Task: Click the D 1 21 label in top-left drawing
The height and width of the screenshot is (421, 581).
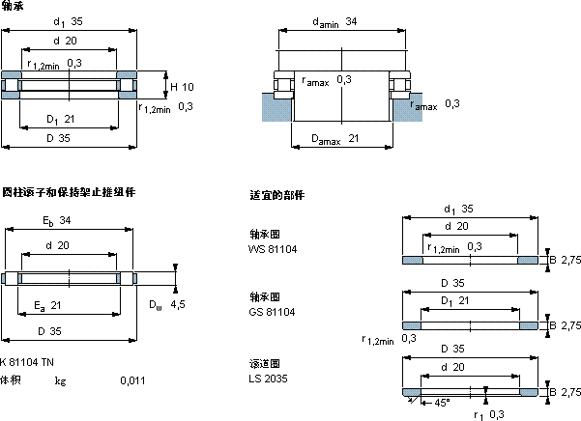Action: click(58, 120)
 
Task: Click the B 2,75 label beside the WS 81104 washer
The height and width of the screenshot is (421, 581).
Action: click(565, 260)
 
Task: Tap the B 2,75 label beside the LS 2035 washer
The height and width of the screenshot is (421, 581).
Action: click(565, 392)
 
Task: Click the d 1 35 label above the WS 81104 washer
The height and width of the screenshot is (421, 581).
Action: click(458, 209)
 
